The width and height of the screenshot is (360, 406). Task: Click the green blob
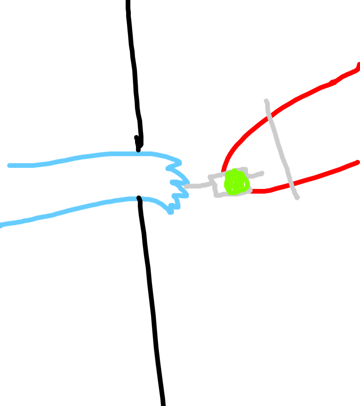click(236, 182)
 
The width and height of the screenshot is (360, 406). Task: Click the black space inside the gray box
click(220, 186)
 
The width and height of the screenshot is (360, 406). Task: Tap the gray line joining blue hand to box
click(197, 186)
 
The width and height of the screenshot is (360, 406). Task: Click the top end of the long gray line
click(266, 101)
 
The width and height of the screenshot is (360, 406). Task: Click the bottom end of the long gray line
click(297, 198)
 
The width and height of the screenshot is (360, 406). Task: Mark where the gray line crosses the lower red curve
click(291, 183)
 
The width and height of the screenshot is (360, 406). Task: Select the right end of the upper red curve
click(358, 65)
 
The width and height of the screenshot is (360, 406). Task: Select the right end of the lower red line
click(358, 162)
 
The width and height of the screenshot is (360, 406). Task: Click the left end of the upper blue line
click(10, 165)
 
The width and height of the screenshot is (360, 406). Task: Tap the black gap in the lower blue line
click(139, 199)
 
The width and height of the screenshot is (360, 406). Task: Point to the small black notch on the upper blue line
click(138, 152)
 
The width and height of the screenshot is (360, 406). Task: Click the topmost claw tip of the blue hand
click(179, 162)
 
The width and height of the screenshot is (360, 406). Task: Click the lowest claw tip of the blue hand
click(171, 212)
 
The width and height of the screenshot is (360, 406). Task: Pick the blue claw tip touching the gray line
click(187, 183)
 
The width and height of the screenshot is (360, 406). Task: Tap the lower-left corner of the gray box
click(217, 195)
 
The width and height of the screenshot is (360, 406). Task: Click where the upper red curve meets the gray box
click(223, 173)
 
